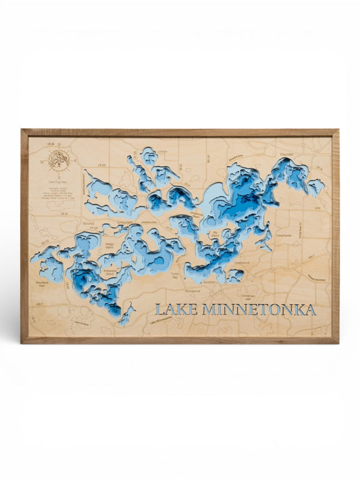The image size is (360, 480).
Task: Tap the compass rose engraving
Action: pyautogui.click(x=58, y=161)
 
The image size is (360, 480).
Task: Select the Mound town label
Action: pyautogui.click(x=88, y=221)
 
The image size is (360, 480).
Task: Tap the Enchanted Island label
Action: pyautogui.click(x=110, y=273)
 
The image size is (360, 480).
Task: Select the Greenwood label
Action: pyautogui.click(x=241, y=263)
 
